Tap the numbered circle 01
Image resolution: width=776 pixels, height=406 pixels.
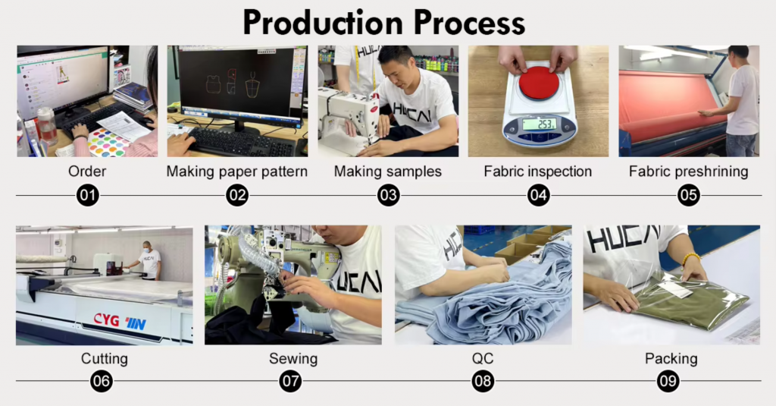pos(88,196)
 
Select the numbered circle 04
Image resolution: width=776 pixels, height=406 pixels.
pos(538,196)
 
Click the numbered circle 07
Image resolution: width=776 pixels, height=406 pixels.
pos(291,380)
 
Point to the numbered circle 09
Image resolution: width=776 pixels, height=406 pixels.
pos(668,380)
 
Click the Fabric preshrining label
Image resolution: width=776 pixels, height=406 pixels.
pos(688,172)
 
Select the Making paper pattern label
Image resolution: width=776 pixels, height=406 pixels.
pos(237,172)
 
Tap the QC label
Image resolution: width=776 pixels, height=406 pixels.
pos(482,358)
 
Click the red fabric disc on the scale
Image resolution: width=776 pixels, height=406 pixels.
pos(539,81)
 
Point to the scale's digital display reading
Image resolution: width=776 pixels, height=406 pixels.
pos(539,124)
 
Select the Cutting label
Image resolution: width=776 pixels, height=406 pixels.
pos(105,358)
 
